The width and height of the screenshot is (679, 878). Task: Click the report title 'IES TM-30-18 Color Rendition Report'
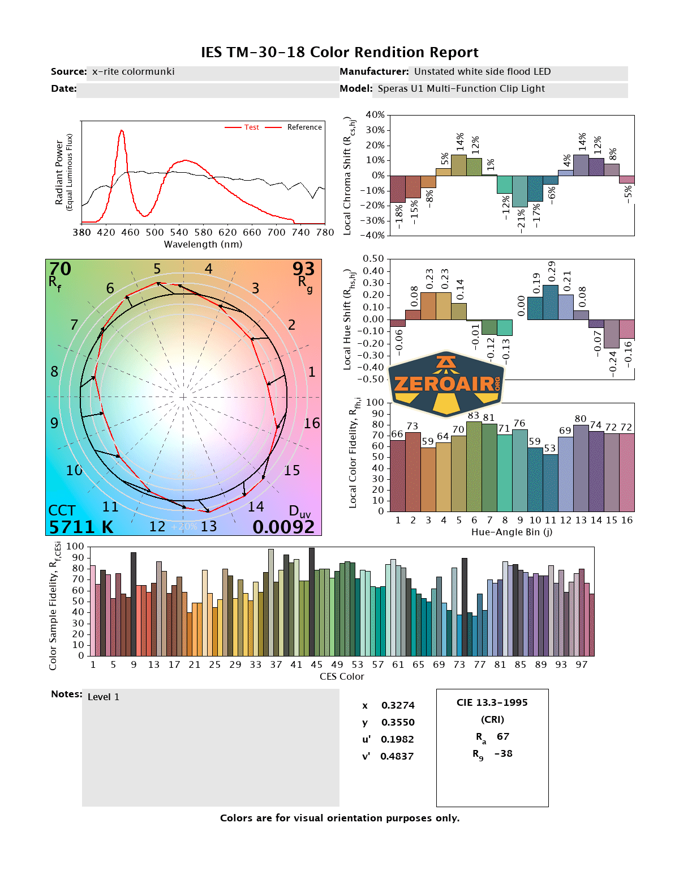[339, 53]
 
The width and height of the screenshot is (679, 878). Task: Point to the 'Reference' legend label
[304, 127]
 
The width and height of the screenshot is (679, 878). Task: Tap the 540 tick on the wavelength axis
[179, 232]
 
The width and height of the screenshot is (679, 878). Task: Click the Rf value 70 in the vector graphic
[60, 269]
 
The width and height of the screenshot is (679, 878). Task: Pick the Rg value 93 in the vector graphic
[303, 269]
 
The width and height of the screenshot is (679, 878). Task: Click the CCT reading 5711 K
[81, 527]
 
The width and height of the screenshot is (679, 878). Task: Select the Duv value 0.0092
[283, 527]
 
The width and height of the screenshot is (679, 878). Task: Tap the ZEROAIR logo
[446, 383]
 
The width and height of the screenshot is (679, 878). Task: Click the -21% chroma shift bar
[520, 191]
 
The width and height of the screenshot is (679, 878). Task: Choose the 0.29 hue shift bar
[551, 302]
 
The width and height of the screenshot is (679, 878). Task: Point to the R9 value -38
[503, 753]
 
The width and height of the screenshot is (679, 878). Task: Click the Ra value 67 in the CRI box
[503, 736]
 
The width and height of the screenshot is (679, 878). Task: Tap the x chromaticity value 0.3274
[398, 705]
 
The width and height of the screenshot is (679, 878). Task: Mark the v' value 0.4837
[397, 756]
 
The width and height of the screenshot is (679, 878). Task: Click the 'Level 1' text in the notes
[104, 697]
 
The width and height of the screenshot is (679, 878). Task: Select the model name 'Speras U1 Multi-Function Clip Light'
[461, 88]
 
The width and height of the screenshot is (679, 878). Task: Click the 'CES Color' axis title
[342, 676]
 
